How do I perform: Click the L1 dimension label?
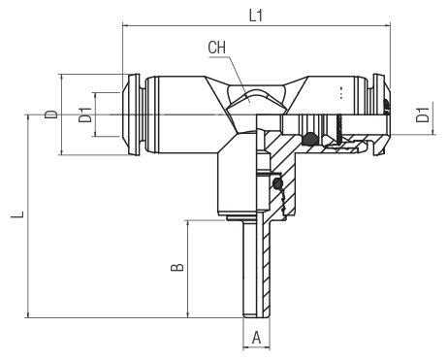(256, 16)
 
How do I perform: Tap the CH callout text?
(217, 48)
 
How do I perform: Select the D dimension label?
(51, 115)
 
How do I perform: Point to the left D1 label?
(85, 115)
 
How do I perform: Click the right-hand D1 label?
(423, 115)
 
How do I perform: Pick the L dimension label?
(17, 214)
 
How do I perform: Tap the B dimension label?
(177, 267)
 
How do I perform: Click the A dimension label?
(256, 338)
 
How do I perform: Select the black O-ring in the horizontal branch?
(309, 139)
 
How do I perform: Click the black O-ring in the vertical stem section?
(277, 184)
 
